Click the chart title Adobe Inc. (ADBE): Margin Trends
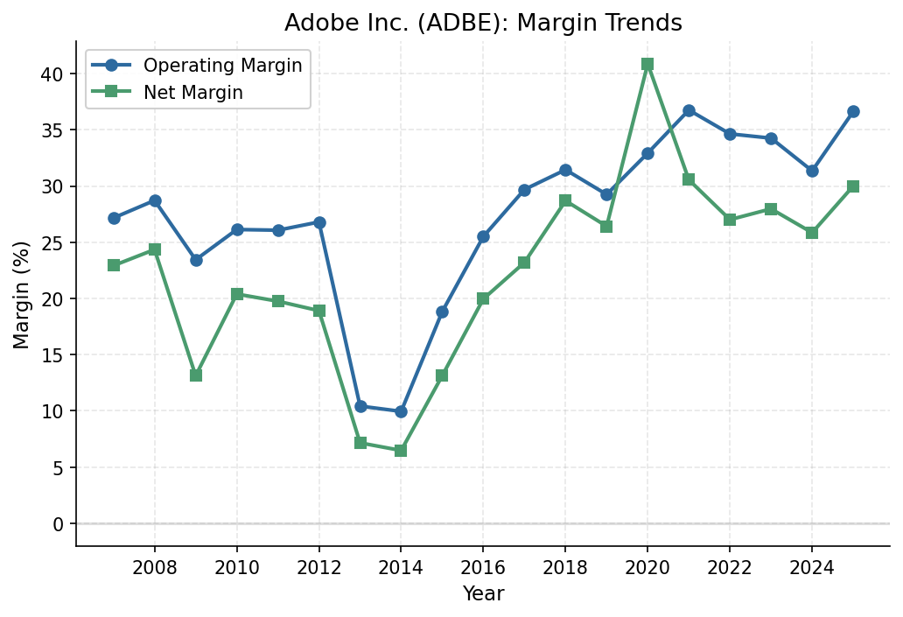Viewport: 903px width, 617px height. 483,24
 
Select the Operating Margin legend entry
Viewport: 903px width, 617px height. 222,66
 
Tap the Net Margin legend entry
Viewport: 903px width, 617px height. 192,93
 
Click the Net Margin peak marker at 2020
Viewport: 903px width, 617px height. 647,64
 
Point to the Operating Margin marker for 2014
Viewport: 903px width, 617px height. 401,411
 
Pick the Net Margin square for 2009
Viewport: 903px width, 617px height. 196,375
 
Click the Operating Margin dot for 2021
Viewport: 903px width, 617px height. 689,110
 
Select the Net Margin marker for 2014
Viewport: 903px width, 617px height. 401,451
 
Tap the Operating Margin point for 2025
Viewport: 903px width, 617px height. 853,111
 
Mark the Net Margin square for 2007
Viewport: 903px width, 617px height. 114,265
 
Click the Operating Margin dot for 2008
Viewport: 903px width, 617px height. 155,200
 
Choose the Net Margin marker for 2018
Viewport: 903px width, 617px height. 565,200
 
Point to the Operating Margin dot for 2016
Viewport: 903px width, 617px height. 483,236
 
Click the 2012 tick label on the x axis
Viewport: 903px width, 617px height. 318,566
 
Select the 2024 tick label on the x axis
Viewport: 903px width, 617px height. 812,566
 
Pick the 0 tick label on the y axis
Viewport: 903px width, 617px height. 59,523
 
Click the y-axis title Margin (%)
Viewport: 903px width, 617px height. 22,294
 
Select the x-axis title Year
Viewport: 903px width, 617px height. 483,594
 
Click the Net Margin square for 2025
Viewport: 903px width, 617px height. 853,186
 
